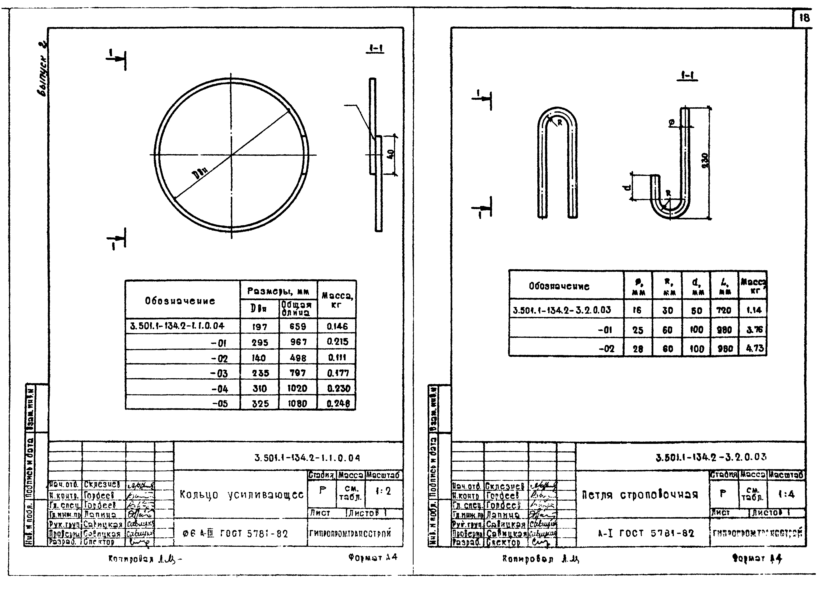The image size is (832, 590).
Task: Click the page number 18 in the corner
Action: tap(804, 18)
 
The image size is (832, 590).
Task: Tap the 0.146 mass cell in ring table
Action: tap(337, 326)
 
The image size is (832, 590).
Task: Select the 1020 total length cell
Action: tap(298, 388)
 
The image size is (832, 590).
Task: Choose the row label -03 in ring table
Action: tap(220, 373)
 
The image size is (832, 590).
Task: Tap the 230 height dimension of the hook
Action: tap(705, 162)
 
